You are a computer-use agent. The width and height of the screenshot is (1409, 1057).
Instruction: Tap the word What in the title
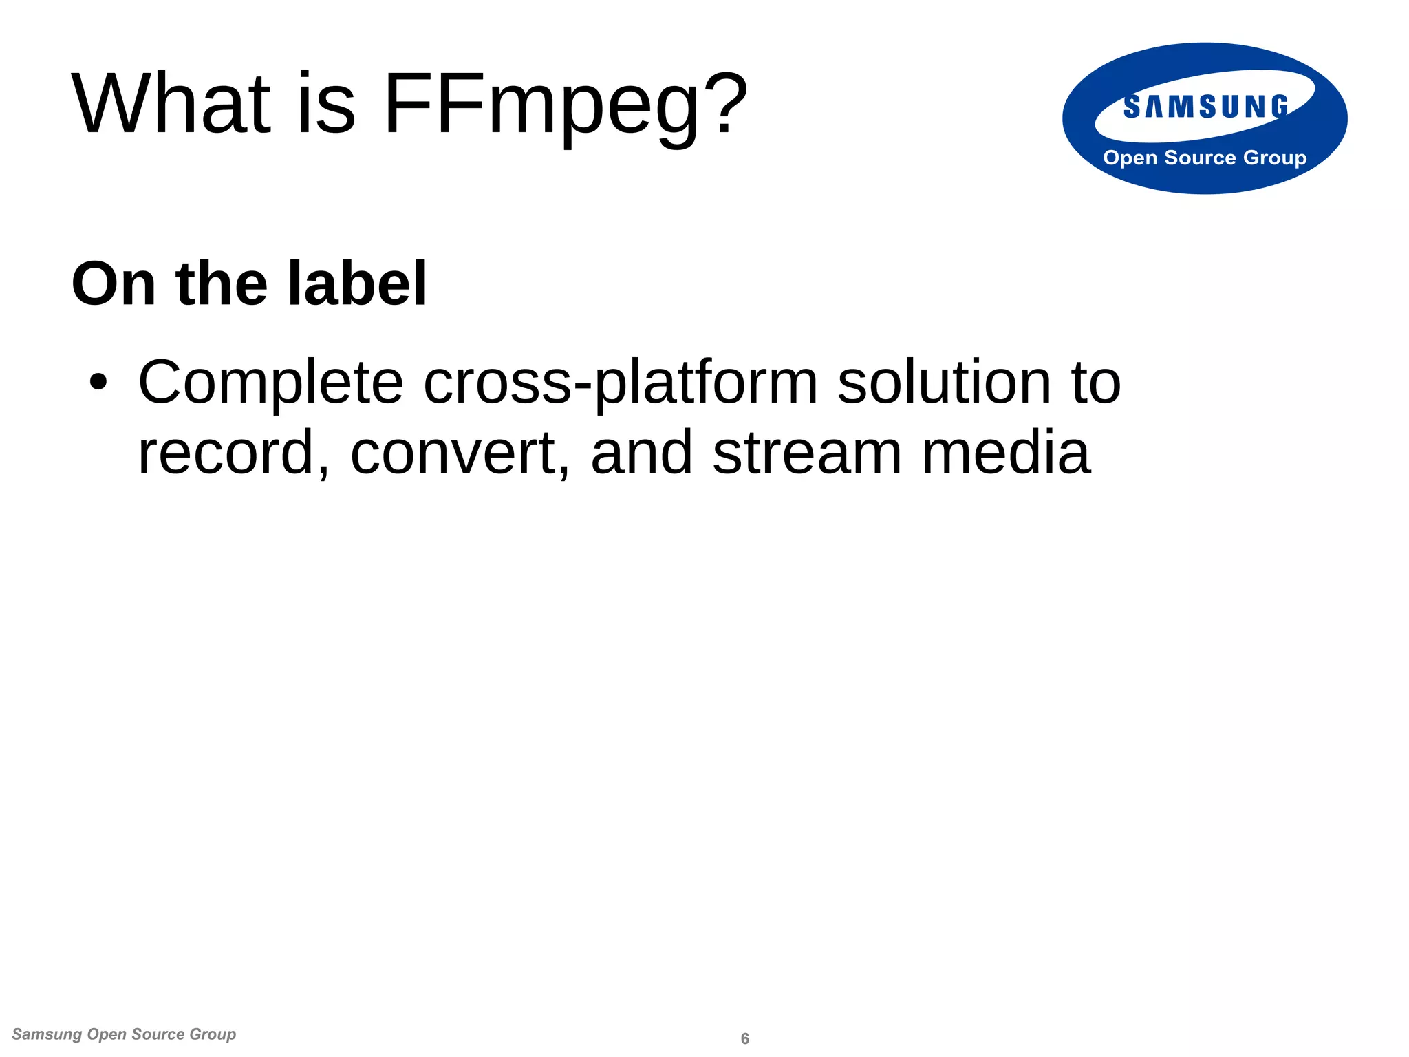[x=172, y=105]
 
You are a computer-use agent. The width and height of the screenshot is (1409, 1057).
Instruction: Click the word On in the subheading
[x=114, y=284]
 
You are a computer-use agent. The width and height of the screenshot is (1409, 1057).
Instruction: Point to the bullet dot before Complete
[x=98, y=383]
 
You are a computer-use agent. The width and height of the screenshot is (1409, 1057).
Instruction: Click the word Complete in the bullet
[x=270, y=384]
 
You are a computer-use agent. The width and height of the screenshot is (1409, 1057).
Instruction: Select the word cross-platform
[x=621, y=384]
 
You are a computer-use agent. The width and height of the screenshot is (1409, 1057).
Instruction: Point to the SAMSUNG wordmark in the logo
[x=1205, y=107]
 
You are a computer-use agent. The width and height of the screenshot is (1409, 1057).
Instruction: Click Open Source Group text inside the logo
[x=1205, y=158]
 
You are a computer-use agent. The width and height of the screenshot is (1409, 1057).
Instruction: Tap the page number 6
[x=744, y=1038]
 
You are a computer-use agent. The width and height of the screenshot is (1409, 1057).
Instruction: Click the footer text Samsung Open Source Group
[x=124, y=1034]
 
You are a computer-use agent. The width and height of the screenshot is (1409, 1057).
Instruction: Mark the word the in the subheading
[x=222, y=284]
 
